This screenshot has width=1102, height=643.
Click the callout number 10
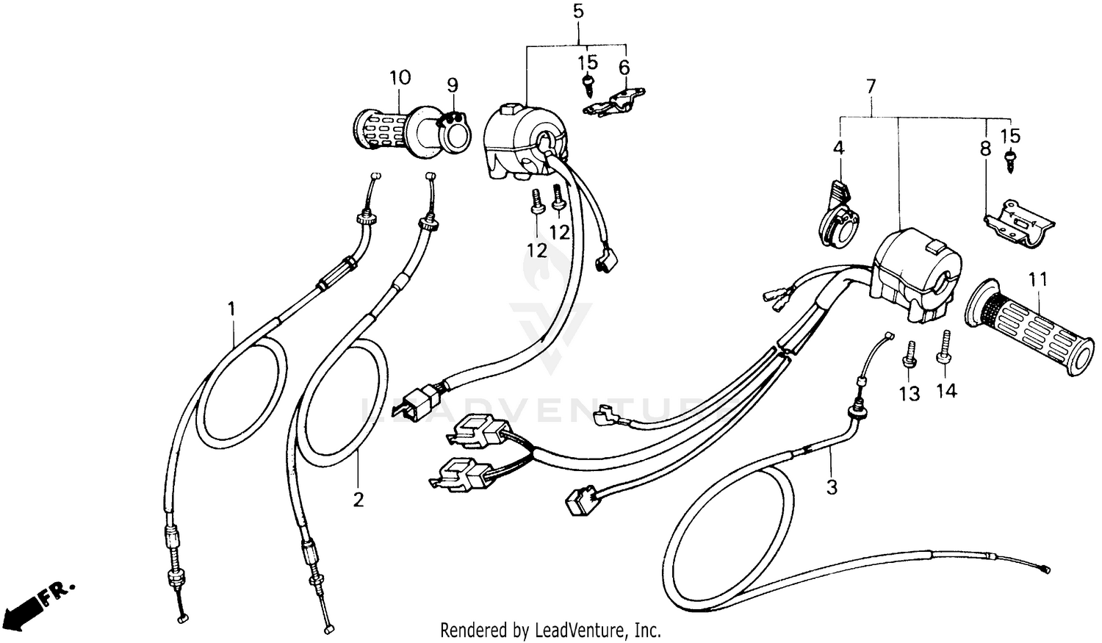[x=400, y=77]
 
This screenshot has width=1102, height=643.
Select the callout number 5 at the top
[x=578, y=12]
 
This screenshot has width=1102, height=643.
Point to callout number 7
[x=871, y=87]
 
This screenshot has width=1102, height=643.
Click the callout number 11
[x=1038, y=280]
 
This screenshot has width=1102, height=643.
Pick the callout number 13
[x=910, y=395]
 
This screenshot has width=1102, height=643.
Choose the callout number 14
[x=946, y=391]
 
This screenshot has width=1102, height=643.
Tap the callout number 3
[x=831, y=486]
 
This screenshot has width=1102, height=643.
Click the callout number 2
[x=358, y=500]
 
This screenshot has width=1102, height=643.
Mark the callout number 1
[x=232, y=309]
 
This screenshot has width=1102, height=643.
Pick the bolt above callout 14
[x=944, y=347]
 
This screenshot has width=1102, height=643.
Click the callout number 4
[x=838, y=148]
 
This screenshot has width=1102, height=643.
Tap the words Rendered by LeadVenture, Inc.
[x=550, y=630]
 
